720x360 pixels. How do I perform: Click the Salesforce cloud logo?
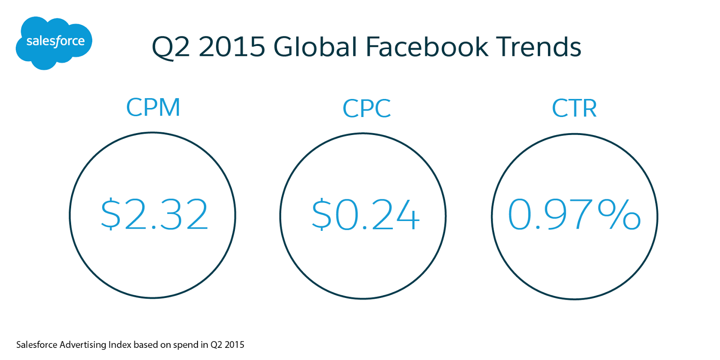54,43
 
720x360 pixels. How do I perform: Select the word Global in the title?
315,47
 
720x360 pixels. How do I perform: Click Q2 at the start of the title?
171,48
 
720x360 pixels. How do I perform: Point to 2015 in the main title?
232,47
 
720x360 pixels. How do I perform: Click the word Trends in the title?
539,47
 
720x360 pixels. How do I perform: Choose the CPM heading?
153,107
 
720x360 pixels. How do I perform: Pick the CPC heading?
367,108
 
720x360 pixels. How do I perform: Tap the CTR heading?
574,108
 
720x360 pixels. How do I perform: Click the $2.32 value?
154,214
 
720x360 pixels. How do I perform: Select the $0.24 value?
366,214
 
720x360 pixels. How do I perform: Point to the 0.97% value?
574,214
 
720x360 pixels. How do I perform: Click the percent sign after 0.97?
619,214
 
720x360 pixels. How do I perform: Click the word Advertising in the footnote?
83,345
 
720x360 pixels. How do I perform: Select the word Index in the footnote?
120,345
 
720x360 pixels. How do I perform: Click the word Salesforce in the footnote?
37,345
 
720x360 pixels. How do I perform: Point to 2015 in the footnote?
234,345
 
